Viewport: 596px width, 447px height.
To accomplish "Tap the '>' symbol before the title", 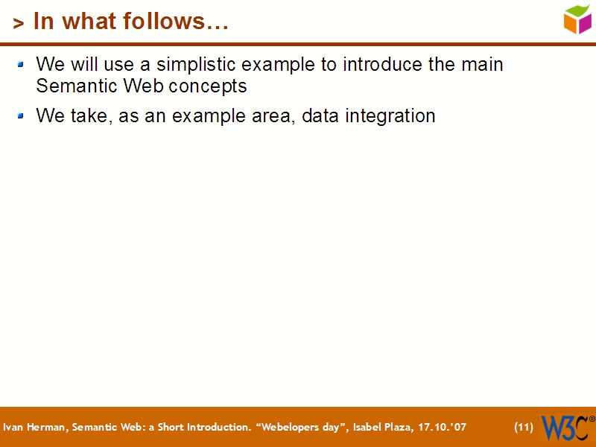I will coord(18,24).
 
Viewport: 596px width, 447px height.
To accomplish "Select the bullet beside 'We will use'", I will coord(22,65).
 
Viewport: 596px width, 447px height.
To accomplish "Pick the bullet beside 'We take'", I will coord(22,116).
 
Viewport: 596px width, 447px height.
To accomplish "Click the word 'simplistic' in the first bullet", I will coord(196,65).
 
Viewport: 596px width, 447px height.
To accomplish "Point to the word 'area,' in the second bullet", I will coord(273,117).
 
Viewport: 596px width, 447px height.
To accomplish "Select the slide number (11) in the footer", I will coord(524,428).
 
